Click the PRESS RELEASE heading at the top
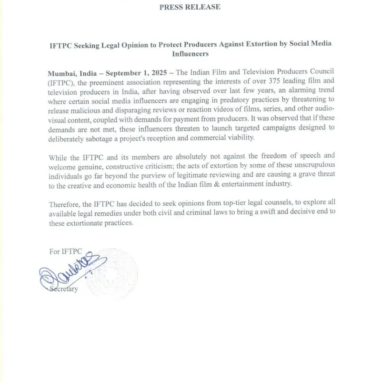coord(190,7)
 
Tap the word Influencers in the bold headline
coord(190,54)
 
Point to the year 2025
coord(162,73)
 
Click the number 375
coord(240,82)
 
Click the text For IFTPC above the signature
coord(66,251)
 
